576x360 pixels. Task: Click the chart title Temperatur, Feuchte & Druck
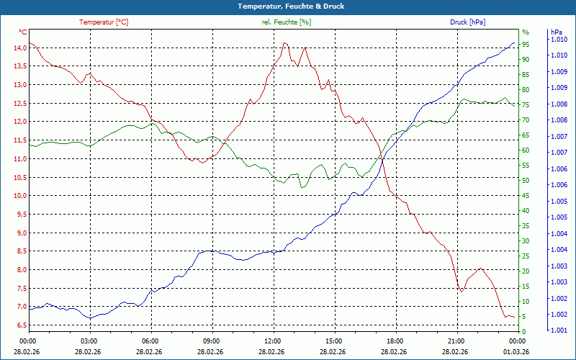287,6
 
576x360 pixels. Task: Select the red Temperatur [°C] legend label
104,22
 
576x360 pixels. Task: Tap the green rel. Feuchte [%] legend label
287,22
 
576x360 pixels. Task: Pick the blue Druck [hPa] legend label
467,22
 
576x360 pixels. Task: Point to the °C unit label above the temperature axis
23,32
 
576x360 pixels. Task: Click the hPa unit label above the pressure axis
556,32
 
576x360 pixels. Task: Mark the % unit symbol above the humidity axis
526,32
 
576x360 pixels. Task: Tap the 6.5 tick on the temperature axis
20,325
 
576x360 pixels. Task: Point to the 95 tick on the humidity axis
526,44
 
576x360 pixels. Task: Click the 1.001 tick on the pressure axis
559,330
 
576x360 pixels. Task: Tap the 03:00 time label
89,341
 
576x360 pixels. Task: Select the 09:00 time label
212,341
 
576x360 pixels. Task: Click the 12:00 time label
273,341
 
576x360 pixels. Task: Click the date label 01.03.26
516,351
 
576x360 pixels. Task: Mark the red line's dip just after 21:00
462,290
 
